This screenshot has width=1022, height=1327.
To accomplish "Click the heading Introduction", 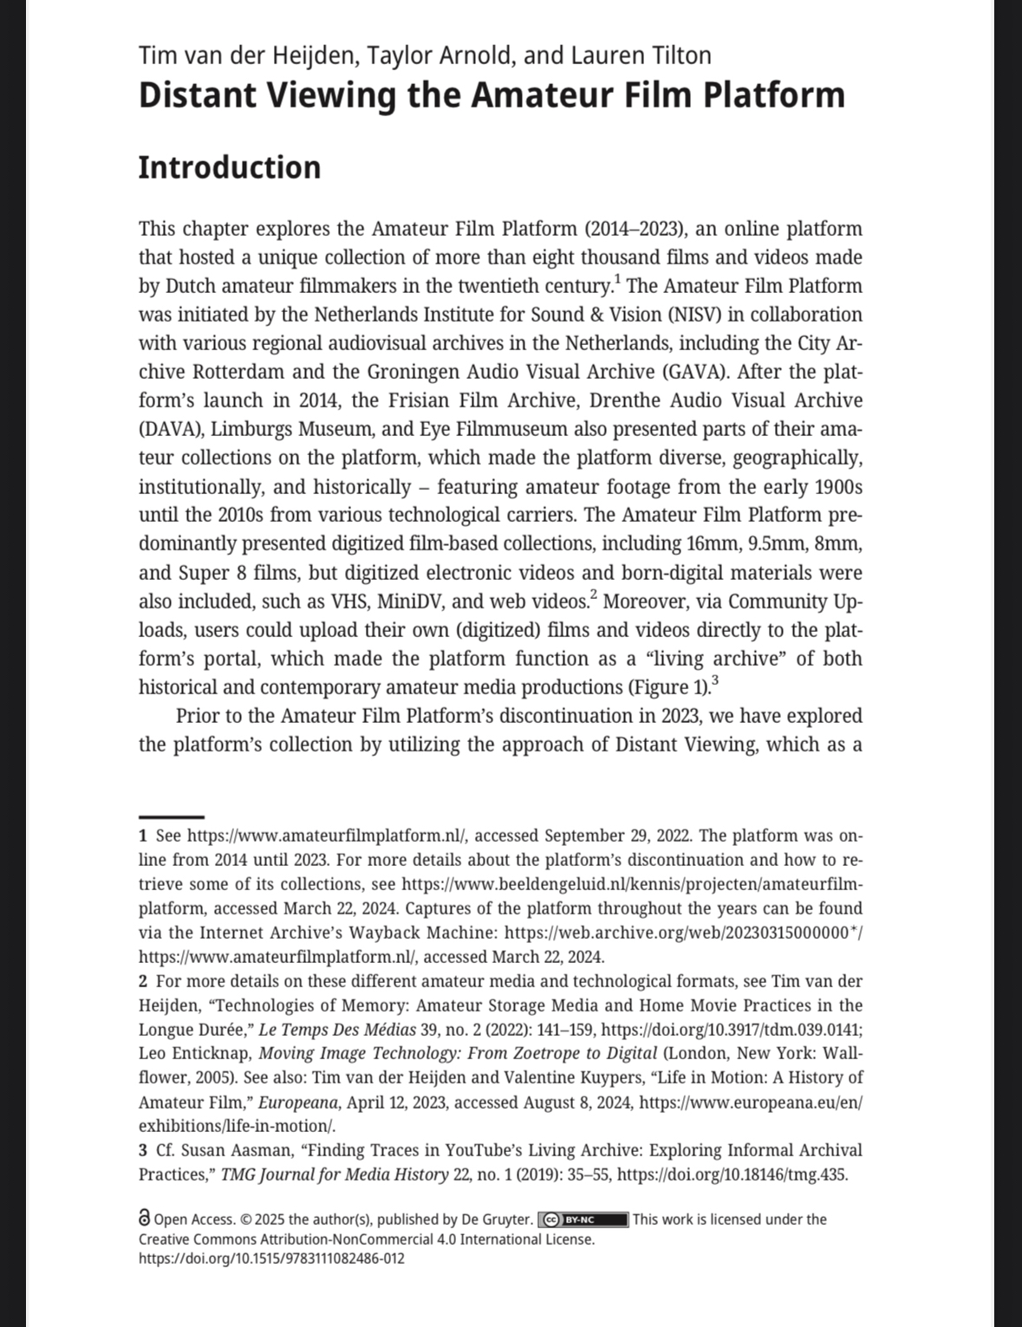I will click(230, 167).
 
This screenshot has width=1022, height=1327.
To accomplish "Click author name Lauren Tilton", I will click(641, 55).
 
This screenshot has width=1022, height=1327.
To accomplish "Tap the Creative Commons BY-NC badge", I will click(583, 1220).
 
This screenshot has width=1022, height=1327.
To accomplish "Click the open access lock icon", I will click(145, 1219).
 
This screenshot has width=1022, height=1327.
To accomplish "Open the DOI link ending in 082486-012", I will click(271, 1258).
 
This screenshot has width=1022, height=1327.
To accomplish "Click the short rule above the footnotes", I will click(172, 816).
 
